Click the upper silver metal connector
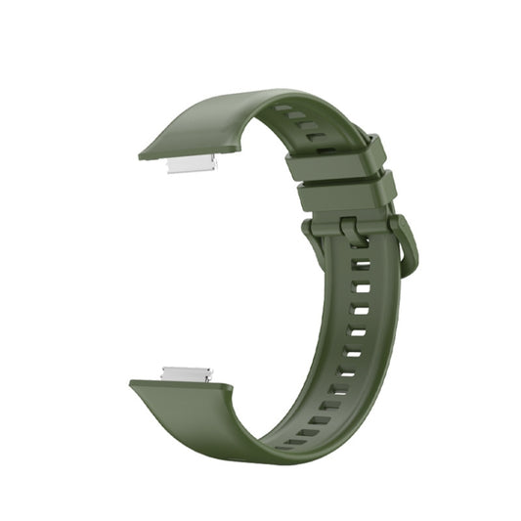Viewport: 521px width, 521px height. pyautogui.click(x=192, y=165)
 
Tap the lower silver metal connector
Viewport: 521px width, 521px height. pyautogui.click(x=186, y=372)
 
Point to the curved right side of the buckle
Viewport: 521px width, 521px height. pyautogui.click(x=410, y=248)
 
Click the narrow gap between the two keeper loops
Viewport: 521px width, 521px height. pyautogui.click(x=340, y=175)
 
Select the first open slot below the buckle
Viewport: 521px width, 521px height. pyautogui.click(x=361, y=265)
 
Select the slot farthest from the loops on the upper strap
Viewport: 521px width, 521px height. pyautogui.click(x=282, y=107)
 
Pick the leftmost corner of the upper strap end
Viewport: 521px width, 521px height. pyautogui.click(x=140, y=154)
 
